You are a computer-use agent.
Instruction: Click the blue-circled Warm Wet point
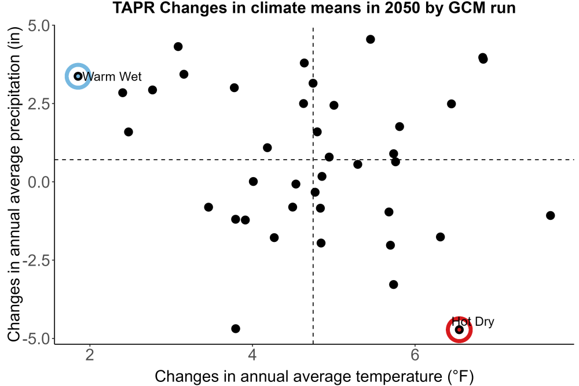[78, 76]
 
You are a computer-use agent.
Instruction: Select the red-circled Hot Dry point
[459, 329]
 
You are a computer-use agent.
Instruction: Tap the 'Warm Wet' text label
[112, 76]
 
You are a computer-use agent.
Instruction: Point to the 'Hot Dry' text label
[473, 321]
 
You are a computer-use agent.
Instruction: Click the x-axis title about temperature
[314, 376]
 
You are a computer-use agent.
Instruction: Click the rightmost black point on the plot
[550, 215]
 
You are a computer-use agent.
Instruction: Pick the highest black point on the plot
[371, 39]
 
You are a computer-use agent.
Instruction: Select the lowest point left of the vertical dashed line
[236, 329]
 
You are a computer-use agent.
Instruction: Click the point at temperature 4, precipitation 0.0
[253, 182]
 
